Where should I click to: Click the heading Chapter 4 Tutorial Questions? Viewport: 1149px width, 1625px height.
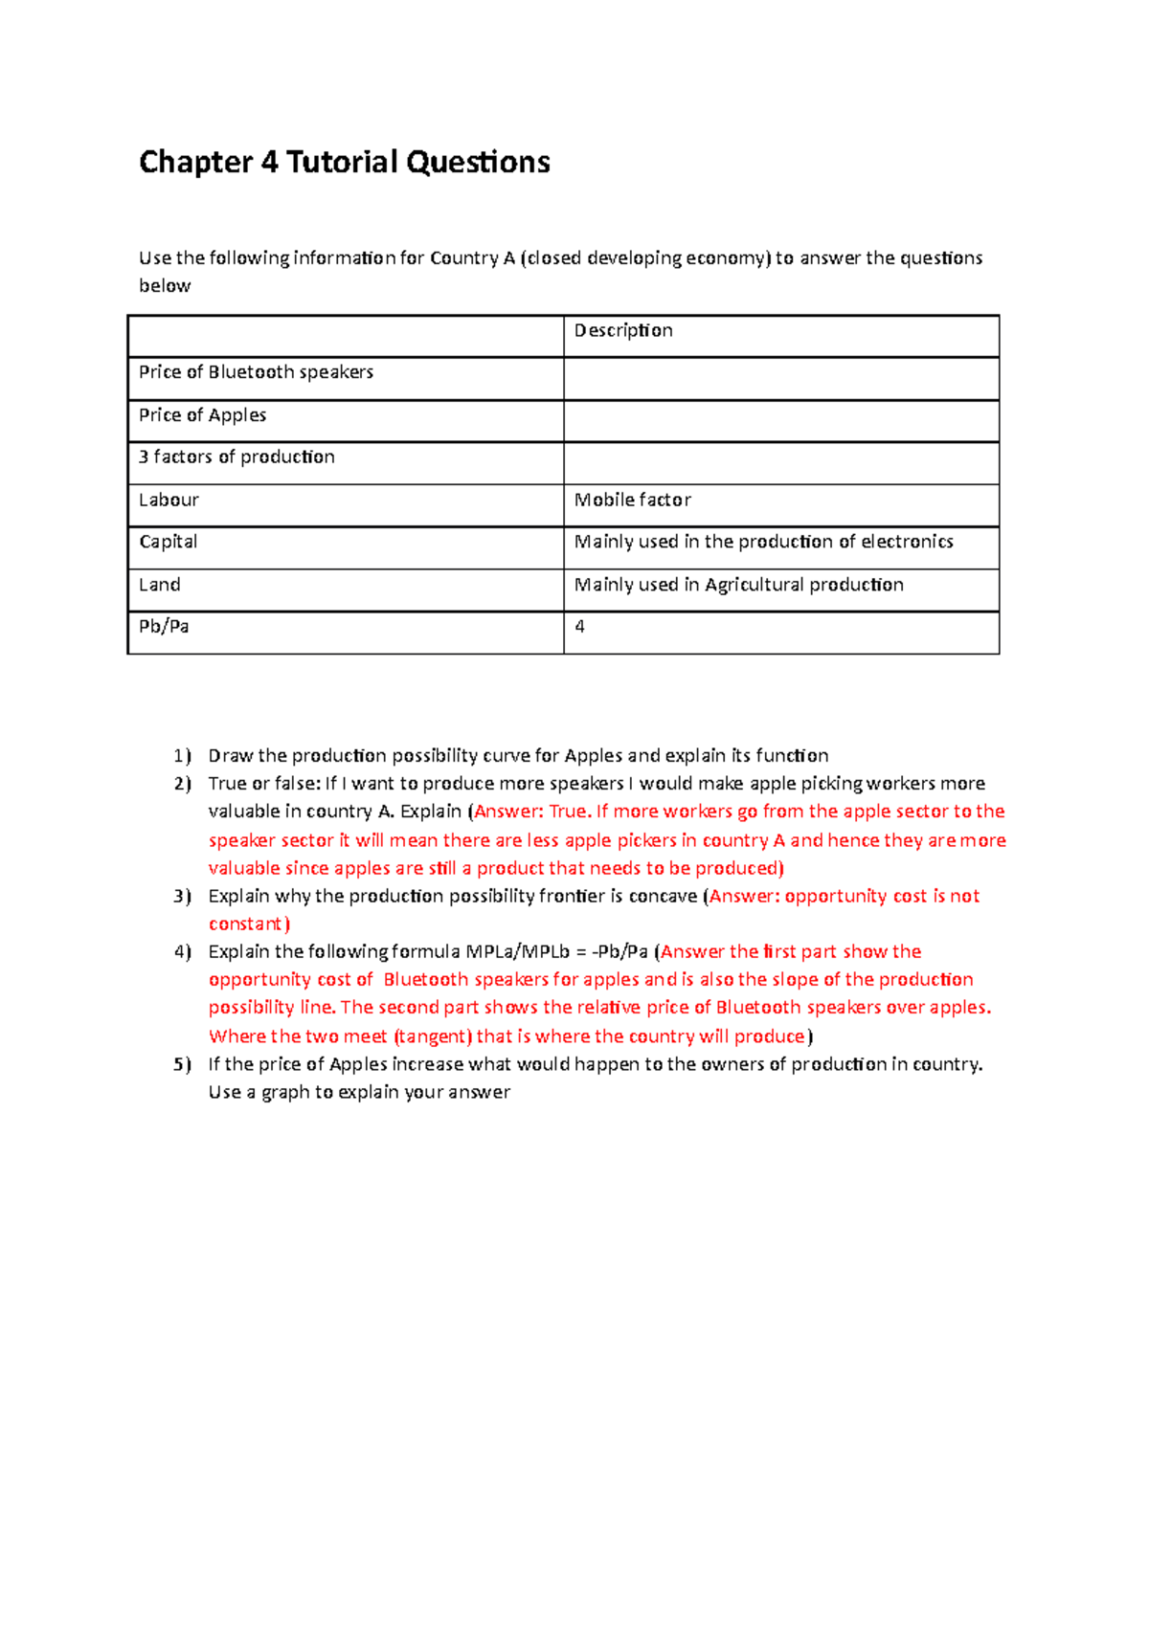click(x=344, y=162)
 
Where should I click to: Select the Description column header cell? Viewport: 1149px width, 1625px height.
click(x=623, y=331)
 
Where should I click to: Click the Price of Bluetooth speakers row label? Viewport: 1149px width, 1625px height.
click(x=256, y=372)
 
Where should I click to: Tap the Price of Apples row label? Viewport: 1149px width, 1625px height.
click(x=202, y=415)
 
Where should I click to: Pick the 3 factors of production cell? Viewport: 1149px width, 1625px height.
click(x=237, y=457)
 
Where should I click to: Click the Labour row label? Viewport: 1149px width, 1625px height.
click(x=169, y=500)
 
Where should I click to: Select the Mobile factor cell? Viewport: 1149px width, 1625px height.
click(x=632, y=500)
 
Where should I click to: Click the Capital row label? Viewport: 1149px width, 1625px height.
click(x=169, y=542)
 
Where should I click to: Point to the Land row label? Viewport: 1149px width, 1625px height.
click(x=159, y=585)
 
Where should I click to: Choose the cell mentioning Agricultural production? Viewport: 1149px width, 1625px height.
click(x=738, y=585)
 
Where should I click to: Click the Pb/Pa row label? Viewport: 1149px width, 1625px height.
click(x=164, y=627)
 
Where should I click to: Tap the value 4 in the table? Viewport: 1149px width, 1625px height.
click(x=579, y=627)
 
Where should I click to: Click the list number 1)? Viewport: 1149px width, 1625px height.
click(x=182, y=756)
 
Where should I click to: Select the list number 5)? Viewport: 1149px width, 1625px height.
click(x=182, y=1064)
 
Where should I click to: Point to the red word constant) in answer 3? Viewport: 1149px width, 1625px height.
click(x=249, y=924)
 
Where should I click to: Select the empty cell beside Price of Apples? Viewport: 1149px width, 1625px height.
click(x=780, y=420)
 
